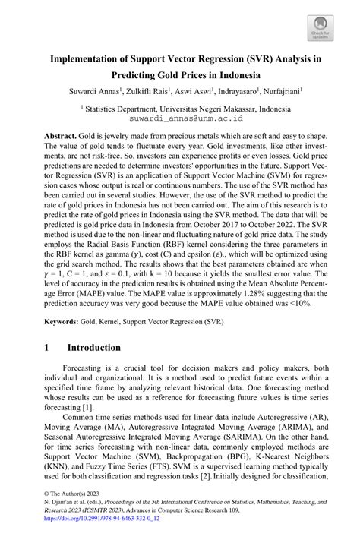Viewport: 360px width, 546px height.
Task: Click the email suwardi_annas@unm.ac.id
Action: pos(179,118)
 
